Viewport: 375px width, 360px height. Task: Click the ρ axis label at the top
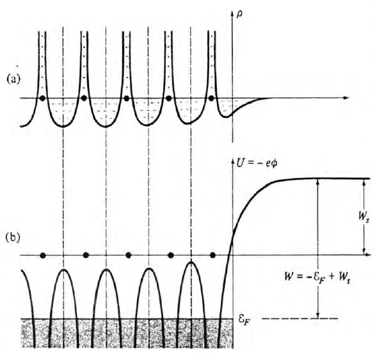click(239, 15)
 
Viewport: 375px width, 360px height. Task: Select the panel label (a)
click(13, 79)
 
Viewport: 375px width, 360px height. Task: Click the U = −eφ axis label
click(257, 163)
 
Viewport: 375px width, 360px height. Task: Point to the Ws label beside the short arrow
click(363, 217)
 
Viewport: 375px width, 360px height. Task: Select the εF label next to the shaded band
click(245, 320)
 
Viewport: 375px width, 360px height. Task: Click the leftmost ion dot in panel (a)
click(42, 98)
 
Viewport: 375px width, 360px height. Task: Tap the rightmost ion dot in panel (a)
click(211, 98)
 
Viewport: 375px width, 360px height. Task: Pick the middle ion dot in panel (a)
click(127, 98)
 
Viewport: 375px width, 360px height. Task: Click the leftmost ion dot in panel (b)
click(43, 256)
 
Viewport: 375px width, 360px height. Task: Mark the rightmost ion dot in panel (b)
click(212, 256)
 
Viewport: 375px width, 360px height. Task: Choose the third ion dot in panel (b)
click(129, 256)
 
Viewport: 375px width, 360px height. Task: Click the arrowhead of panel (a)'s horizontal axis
click(347, 97)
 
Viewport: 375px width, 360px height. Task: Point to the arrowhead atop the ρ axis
click(232, 13)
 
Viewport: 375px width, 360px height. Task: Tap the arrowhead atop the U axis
click(233, 161)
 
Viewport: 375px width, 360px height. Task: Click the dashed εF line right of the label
click(300, 318)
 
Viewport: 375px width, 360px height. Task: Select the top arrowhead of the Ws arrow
click(364, 181)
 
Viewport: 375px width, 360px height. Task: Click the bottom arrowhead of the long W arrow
click(318, 316)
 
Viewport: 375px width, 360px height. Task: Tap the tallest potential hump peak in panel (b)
click(191, 262)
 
